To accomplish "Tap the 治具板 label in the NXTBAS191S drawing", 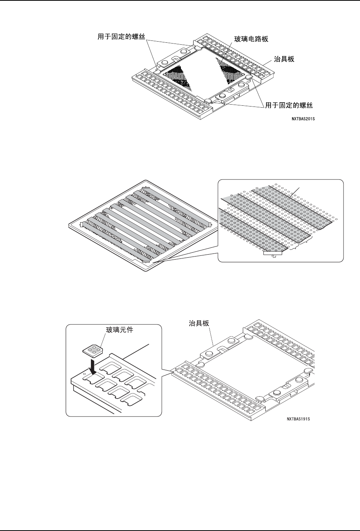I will coord(199,323).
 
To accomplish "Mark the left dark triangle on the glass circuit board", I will coord(179,74).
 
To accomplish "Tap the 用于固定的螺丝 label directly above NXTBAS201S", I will coord(292,104).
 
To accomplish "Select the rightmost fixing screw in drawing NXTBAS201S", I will coord(249,77).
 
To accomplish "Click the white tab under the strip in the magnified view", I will coord(273,252).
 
